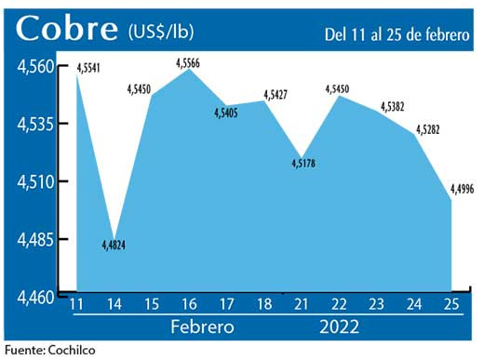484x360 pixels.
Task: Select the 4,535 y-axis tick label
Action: coord(34,124)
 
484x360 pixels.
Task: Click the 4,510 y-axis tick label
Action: coord(34,181)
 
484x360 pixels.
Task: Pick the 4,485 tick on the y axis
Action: coord(34,239)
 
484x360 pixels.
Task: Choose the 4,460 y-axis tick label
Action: coord(34,297)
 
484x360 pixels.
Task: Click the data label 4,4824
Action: coord(114,246)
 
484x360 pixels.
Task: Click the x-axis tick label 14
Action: coord(114,305)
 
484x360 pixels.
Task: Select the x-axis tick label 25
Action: coord(452,305)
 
